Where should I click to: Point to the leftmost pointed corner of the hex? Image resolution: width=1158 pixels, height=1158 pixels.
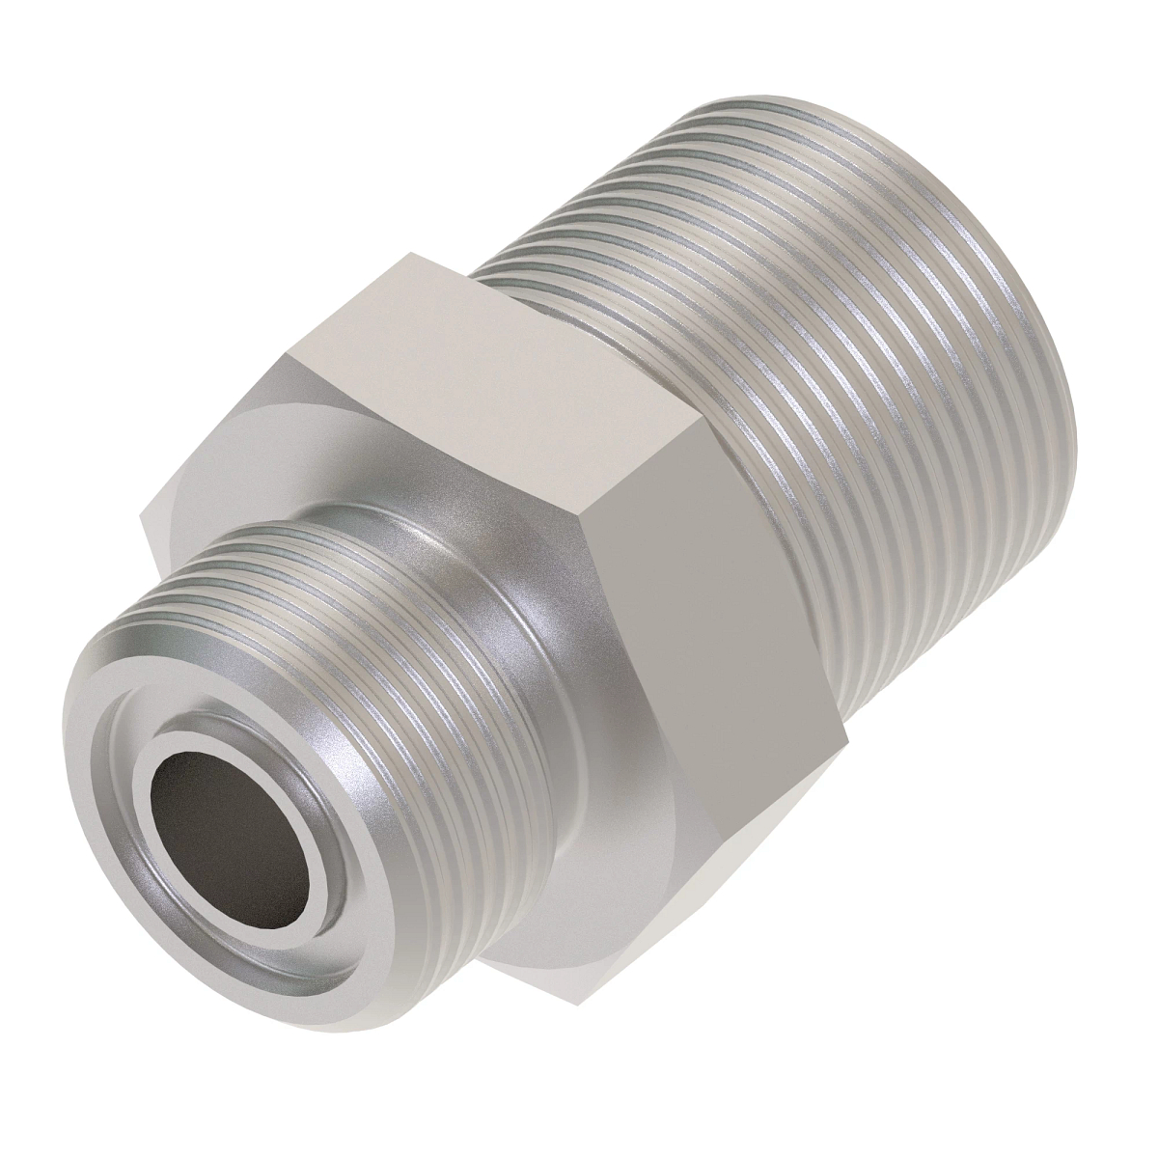(x=143, y=521)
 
